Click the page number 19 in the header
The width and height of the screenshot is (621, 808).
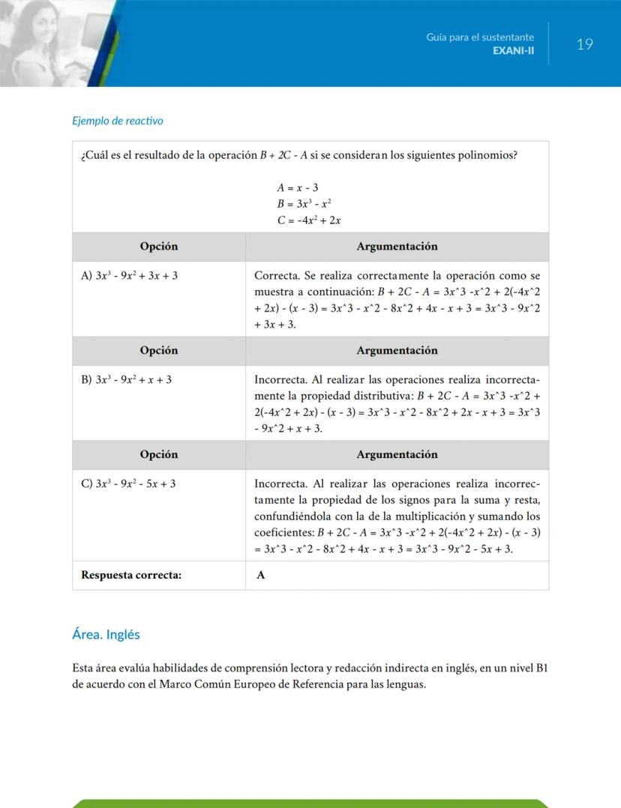click(584, 44)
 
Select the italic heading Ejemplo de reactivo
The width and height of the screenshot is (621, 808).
click(117, 121)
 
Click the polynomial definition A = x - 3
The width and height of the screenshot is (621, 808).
click(298, 187)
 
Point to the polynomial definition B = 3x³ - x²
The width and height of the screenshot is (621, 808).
click(304, 203)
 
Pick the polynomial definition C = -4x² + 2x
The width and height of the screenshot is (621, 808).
click(308, 220)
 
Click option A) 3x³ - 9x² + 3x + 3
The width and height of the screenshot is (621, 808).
click(129, 276)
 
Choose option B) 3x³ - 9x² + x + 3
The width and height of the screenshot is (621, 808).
click(126, 380)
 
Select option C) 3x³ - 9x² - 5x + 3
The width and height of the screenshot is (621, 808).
click(128, 483)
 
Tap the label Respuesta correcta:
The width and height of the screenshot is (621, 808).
click(131, 576)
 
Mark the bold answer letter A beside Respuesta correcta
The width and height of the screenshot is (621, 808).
click(261, 576)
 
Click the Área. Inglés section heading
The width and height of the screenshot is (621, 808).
click(106, 634)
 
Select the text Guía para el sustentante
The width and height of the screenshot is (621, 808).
click(480, 37)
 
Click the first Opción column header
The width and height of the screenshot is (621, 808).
click(159, 247)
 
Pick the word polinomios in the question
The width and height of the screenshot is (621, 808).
click(493, 156)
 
